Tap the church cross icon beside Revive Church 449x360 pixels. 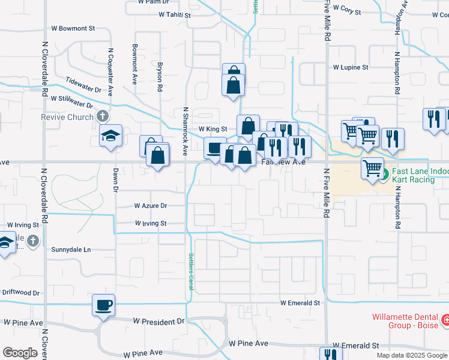tap(103, 117)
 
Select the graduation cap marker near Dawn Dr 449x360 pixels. tap(111, 136)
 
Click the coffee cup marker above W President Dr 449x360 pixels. tap(103, 305)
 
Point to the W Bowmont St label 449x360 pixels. tap(73, 28)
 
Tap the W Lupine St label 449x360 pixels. tap(351, 68)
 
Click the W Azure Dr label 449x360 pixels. tap(150, 206)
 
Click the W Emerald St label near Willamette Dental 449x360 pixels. tap(357, 346)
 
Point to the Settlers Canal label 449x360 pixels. tap(191, 271)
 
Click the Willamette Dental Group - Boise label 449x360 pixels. tap(405, 321)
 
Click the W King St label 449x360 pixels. tap(212, 129)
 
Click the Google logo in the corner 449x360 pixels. tap(20, 353)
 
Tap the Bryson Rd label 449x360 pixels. tap(160, 75)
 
